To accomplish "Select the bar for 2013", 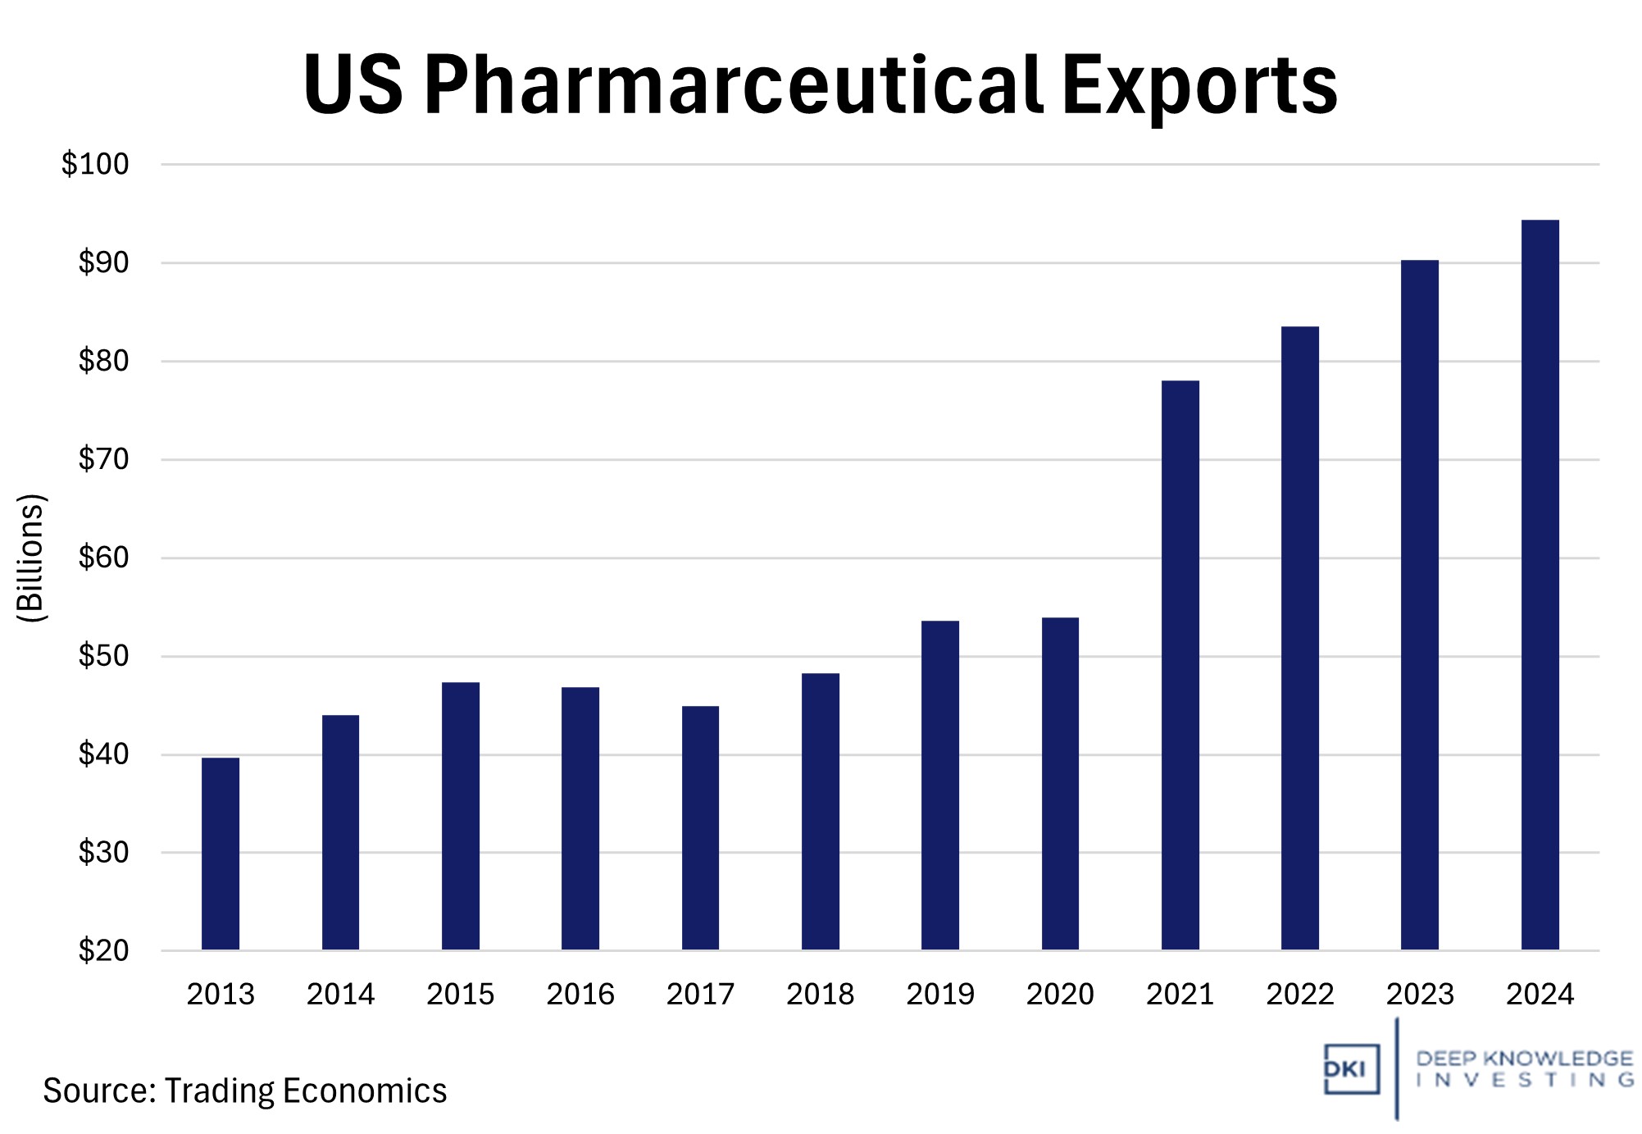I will [221, 854].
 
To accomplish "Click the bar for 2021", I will [1180, 665].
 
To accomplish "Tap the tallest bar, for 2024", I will [1540, 585].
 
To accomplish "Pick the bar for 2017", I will [700, 828].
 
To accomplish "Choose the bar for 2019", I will [939, 786].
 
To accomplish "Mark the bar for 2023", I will [1419, 605].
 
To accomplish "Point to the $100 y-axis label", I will [95, 165].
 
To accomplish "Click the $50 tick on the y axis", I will [103, 656].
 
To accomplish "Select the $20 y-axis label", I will [103, 951].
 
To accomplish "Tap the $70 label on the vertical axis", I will [103, 459].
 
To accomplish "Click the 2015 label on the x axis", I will [460, 995].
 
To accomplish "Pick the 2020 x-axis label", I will [1060, 995].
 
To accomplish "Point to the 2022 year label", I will [1299, 995].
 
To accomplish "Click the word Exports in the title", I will [1199, 86].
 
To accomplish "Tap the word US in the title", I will [353, 86].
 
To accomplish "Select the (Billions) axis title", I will [31, 558].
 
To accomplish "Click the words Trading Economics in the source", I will [306, 1091].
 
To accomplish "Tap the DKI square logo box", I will [1351, 1069].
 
